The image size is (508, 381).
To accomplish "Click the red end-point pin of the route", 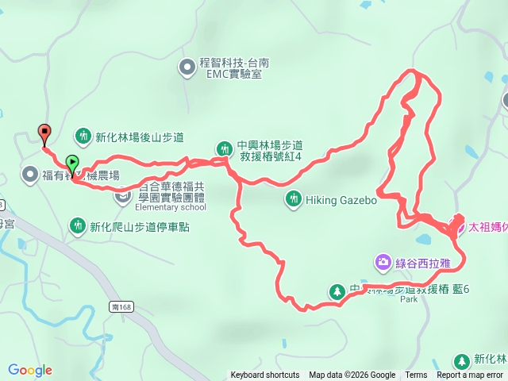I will [44, 133].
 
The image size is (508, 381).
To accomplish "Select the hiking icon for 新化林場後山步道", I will [84, 135].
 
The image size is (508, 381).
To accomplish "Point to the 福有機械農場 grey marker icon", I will [30, 173].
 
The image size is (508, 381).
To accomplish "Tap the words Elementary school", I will [171, 208].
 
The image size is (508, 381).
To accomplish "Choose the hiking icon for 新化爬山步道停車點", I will [78, 226].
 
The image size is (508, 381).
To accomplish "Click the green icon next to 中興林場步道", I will [225, 148].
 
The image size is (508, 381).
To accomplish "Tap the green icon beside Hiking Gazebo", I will [293, 198].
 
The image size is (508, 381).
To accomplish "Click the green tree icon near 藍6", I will [337, 291].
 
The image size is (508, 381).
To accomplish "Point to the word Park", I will [409, 301].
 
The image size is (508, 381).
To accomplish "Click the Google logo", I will [30, 370].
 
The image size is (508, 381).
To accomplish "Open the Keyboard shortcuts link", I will [265, 375].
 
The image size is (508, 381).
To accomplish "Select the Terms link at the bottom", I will [416, 375].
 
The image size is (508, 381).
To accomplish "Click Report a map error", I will [470, 375].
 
